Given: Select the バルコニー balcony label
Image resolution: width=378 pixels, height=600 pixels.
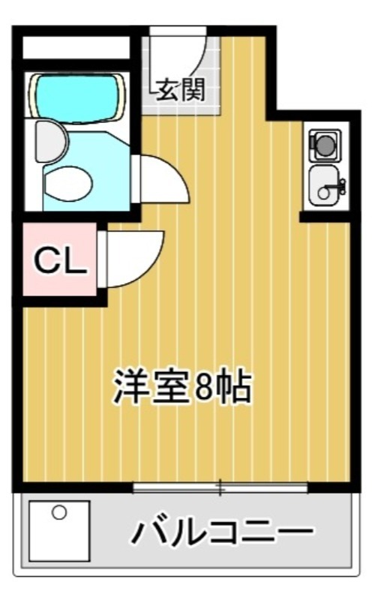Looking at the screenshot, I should pyautogui.click(x=223, y=532).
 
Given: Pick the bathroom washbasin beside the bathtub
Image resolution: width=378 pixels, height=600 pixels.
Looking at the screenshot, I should pyautogui.click(x=49, y=141).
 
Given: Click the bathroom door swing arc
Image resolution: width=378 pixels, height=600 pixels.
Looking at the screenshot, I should pyautogui.click(x=161, y=178).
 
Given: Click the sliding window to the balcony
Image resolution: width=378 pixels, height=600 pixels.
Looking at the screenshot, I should pyautogui.click(x=220, y=488).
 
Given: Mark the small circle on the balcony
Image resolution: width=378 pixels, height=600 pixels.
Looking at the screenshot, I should pyautogui.click(x=59, y=512).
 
